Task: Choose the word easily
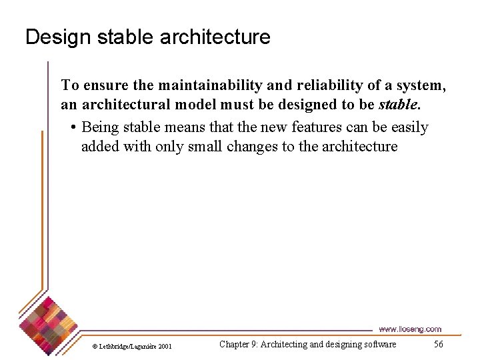(x=406, y=127)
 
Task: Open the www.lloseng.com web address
(x=409, y=329)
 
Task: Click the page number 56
(x=438, y=344)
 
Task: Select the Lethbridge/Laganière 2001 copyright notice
(x=132, y=346)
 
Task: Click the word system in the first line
(x=424, y=85)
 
